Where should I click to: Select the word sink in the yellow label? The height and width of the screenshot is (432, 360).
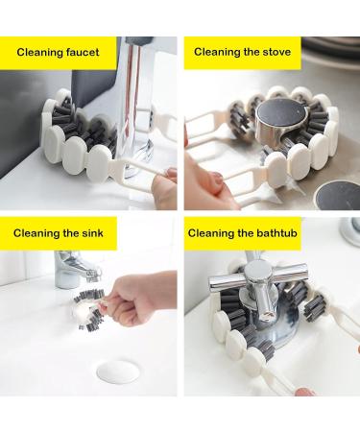(92, 232)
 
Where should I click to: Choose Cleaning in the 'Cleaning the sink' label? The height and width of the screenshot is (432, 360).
(39, 232)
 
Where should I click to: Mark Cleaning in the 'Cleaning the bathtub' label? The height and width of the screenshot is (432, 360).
(213, 232)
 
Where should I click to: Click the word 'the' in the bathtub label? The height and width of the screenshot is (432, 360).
(247, 232)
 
